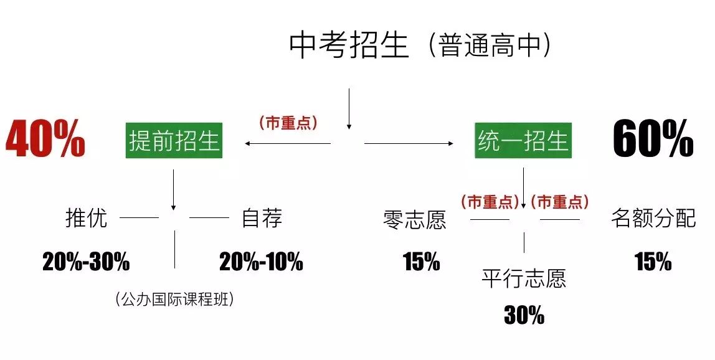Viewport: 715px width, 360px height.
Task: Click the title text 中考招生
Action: click(x=349, y=46)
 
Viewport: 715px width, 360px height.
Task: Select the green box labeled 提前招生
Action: click(x=174, y=141)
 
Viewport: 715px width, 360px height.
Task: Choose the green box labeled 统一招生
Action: click(x=523, y=141)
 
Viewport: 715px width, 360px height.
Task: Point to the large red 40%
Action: click(x=45, y=139)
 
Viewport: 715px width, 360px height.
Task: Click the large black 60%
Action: click(x=653, y=139)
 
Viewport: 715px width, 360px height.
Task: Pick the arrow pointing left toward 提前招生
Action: click(x=286, y=144)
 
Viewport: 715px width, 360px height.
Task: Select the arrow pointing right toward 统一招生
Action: click(x=409, y=144)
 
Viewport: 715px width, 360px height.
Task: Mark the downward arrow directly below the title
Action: click(x=349, y=108)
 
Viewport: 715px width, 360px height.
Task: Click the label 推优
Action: click(x=87, y=218)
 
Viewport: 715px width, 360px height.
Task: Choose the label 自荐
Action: click(x=262, y=218)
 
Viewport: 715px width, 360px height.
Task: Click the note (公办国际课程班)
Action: click(x=174, y=300)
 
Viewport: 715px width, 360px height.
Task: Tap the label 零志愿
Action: click(x=415, y=220)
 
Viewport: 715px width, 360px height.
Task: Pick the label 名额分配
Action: click(x=653, y=219)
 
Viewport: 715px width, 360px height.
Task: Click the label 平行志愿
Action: click(x=524, y=278)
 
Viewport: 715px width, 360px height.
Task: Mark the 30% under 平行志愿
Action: click(x=524, y=316)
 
